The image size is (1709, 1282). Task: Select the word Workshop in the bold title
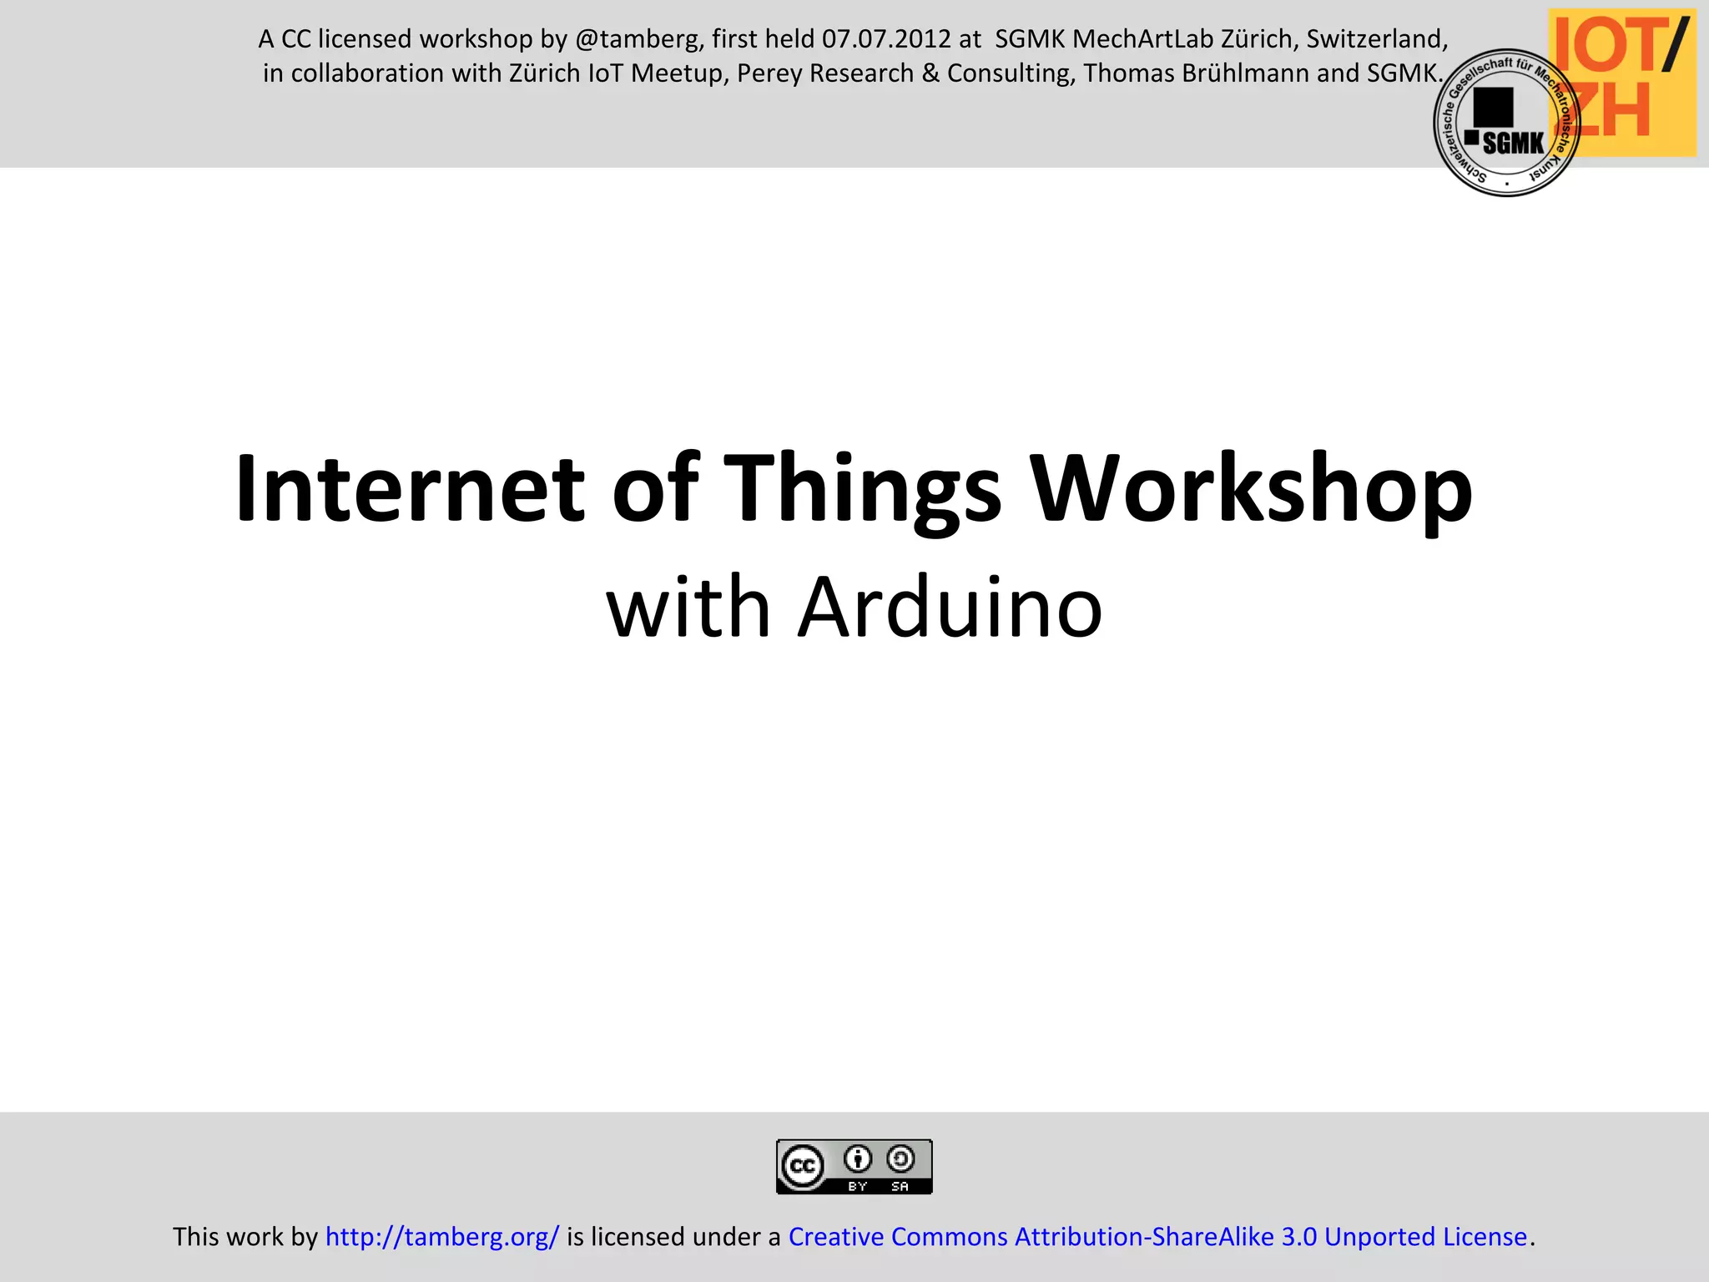[1251, 491]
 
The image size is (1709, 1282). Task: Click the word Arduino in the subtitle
[950, 608]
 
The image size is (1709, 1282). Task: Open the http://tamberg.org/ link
[441, 1236]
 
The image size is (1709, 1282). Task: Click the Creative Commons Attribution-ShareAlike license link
[1157, 1236]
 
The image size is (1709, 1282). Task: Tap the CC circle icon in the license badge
[802, 1166]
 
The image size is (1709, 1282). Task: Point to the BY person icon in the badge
[858, 1159]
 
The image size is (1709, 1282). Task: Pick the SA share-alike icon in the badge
[900, 1159]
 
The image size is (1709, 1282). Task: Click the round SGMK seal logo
[1506, 124]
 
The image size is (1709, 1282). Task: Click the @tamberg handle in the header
[639, 39]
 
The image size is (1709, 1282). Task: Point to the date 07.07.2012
[886, 39]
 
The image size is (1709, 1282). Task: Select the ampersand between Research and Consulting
[930, 73]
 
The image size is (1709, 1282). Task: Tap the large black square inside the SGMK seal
[1493, 107]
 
